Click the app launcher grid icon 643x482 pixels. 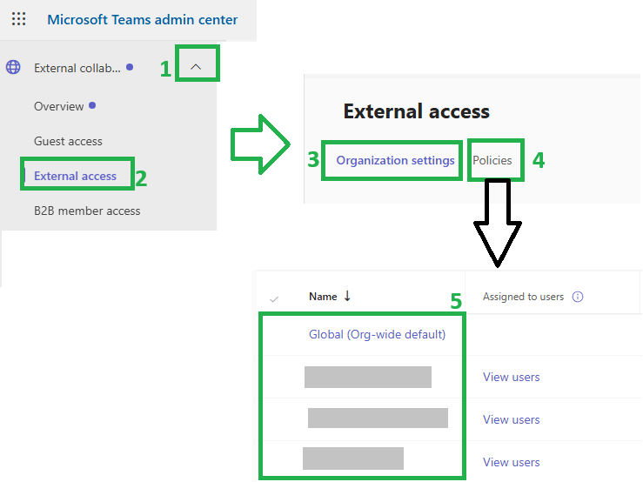click(x=19, y=19)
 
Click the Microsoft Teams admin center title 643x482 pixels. click(x=143, y=20)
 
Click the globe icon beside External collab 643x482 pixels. click(x=13, y=67)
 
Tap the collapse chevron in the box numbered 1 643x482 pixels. click(x=196, y=66)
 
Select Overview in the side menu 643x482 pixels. click(x=58, y=106)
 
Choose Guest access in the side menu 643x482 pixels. click(x=68, y=141)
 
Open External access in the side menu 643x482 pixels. click(x=75, y=176)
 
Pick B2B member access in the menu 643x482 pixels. click(x=87, y=211)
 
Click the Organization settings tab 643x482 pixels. click(x=395, y=160)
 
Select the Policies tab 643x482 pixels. click(x=492, y=160)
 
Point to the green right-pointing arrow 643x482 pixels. click(x=261, y=144)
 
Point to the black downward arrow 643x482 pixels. click(x=498, y=224)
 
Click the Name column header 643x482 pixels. click(x=323, y=297)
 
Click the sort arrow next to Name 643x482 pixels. click(x=347, y=296)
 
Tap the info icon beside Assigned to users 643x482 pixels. click(x=578, y=297)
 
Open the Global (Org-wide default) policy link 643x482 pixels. click(x=377, y=334)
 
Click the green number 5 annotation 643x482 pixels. click(x=456, y=302)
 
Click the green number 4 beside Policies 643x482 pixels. click(x=539, y=160)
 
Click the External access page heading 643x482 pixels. click(x=416, y=111)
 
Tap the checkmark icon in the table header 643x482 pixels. click(x=274, y=299)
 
